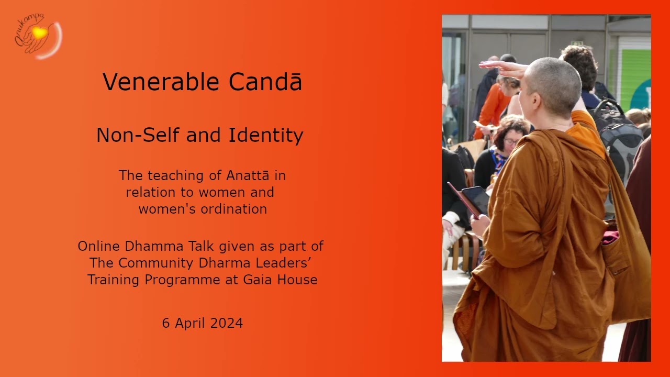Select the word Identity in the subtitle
coord(266,135)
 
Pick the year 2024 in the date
coord(227,323)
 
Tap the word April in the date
coord(190,323)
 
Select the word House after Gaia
coord(298,280)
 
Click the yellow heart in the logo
coord(39,33)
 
